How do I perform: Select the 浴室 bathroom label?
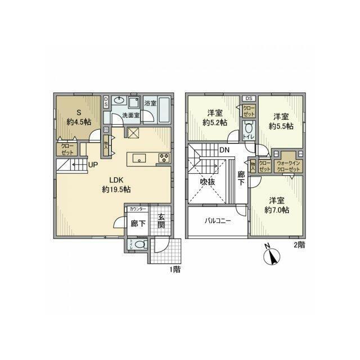click(x=150, y=103)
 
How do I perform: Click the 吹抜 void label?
click(x=208, y=182)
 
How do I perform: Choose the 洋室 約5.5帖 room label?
click(x=283, y=121)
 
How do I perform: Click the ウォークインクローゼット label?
click(x=289, y=166)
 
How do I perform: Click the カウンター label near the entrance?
click(x=138, y=209)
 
